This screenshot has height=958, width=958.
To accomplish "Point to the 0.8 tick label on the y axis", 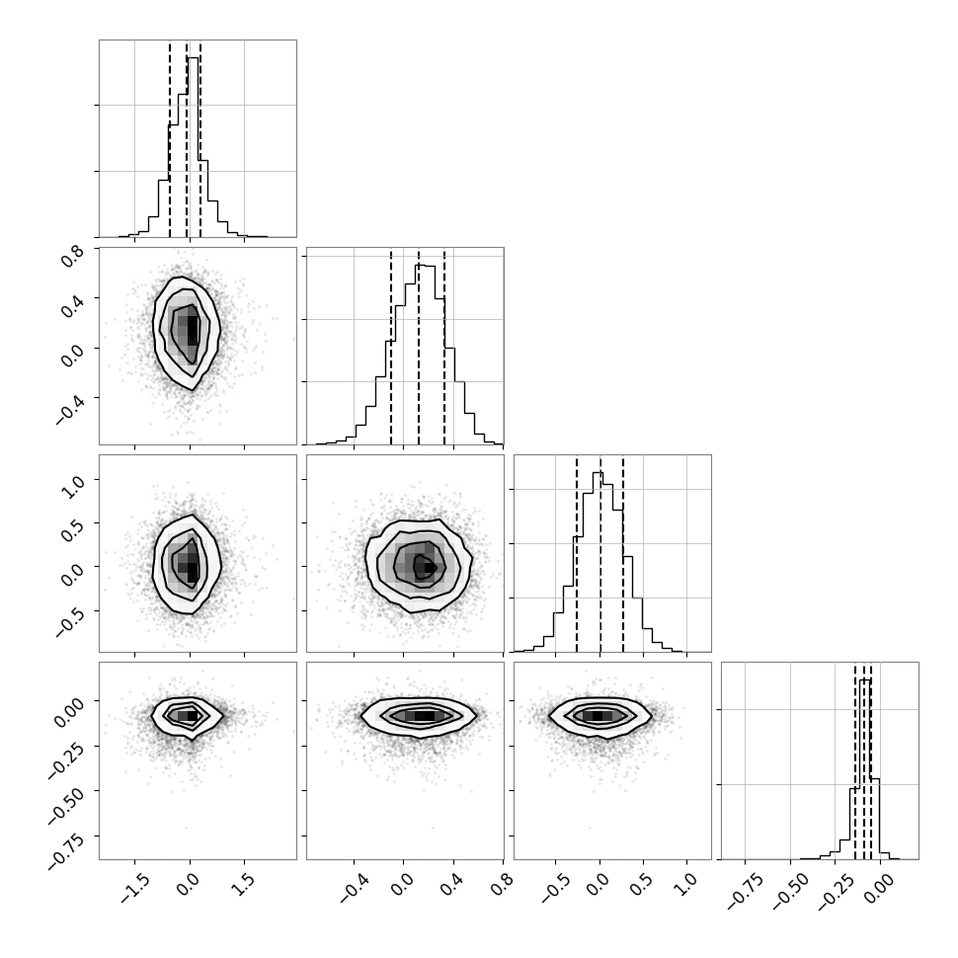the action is pos(71,256).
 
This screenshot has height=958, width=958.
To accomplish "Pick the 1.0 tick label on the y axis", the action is pos(71,487).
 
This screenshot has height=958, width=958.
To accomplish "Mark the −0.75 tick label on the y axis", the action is pos(66,849).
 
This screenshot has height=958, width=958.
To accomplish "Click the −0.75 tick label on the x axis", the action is pos(746,893).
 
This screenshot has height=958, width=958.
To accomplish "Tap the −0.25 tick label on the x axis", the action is pos(835,893).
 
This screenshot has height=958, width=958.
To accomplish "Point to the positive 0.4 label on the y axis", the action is pos(71,305).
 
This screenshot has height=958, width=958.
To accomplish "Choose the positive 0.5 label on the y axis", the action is pos(71,530).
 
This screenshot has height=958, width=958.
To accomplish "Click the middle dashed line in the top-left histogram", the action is pos(187,138).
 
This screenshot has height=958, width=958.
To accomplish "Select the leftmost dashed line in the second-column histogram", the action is pos(391,346).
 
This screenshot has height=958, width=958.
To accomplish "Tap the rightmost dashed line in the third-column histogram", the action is pos(623,553).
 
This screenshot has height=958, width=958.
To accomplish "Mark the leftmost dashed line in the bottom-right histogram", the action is pos(855,760).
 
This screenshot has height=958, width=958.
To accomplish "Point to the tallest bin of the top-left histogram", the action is pos(193,147).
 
